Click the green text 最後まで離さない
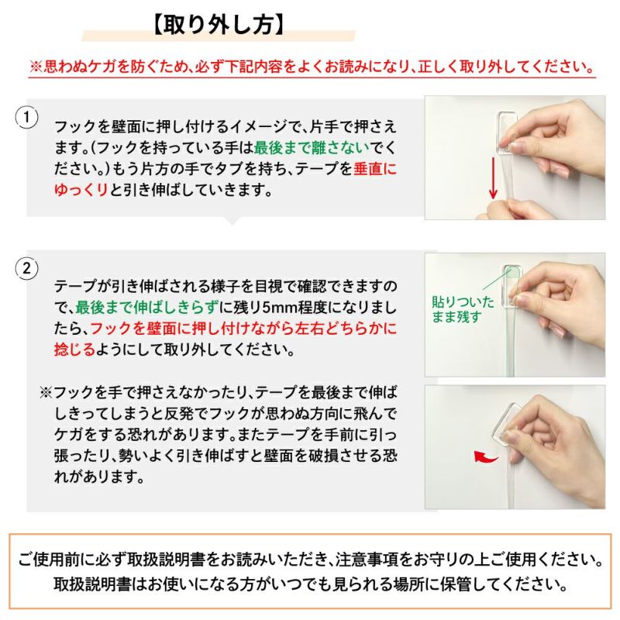(313, 147)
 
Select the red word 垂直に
(374, 168)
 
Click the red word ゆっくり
(81, 189)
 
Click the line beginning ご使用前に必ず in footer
(310, 560)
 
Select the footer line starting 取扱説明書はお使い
(310, 583)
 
